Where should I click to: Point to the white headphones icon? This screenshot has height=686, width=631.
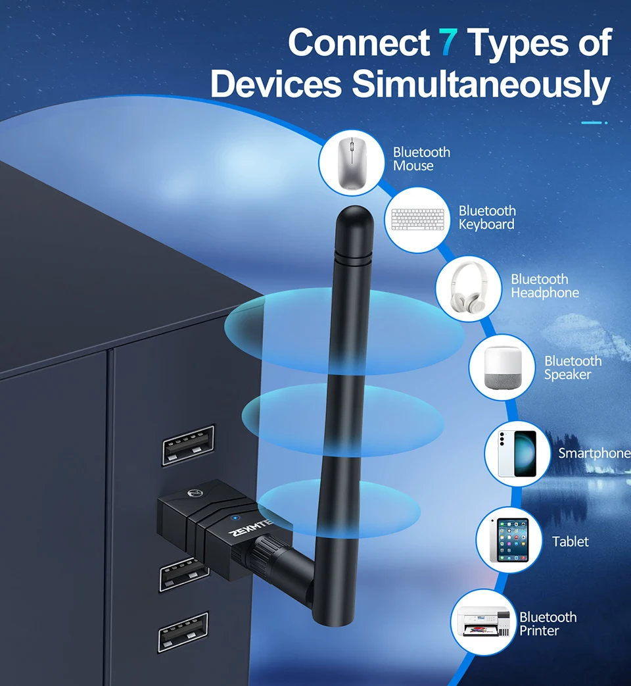pyautogui.click(x=469, y=289)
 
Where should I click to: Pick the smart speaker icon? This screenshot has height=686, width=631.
pyautogui.click(x=502, y=367)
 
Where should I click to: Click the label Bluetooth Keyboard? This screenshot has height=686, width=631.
pyautogui.click(x=487, y=218)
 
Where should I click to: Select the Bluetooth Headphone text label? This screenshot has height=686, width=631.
pyautogui.click(x=545, y=286)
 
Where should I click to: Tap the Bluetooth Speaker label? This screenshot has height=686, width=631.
pyautogui.click(x=573, y=368)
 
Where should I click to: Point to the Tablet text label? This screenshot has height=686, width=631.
pyautogui.click(x=570, y=542)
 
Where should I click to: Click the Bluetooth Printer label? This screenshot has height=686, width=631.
pyautogui.click(x=548, y=624)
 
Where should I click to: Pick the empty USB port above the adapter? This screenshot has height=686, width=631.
pyautogui.click(x=189, y=445)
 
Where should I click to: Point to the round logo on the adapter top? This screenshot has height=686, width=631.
pyautogui.click(x=193, y=493)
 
